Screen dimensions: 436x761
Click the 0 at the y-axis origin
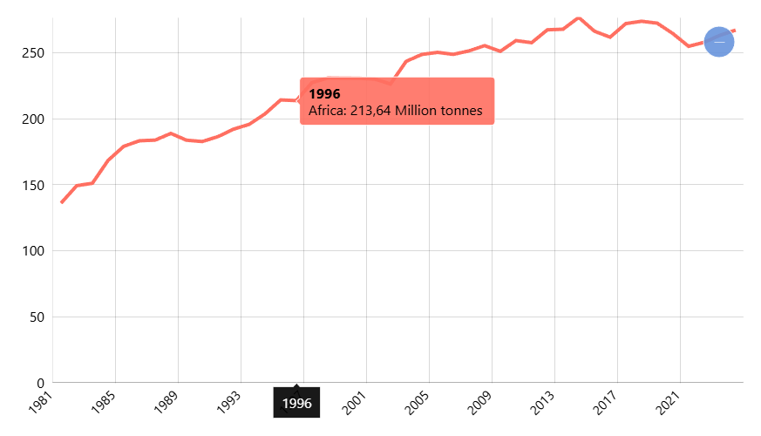point(40,383)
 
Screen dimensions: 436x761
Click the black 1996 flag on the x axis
point(296,404)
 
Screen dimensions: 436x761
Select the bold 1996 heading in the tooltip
point(324,94)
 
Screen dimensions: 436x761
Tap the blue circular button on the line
point(718,42)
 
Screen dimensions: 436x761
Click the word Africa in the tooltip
point(327,111)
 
